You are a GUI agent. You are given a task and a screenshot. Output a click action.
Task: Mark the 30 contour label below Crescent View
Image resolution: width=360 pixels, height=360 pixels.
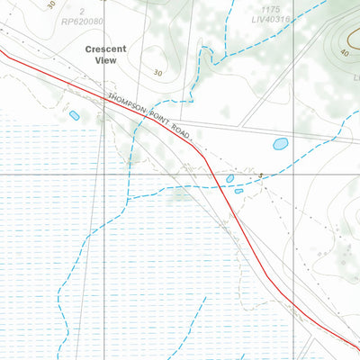(x=158, y=73)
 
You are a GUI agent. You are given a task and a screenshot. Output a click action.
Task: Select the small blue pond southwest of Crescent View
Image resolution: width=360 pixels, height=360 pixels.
(x=74, y=115)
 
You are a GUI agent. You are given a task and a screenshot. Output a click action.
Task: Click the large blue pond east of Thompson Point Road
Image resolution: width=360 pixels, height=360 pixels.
(x=280, y=143)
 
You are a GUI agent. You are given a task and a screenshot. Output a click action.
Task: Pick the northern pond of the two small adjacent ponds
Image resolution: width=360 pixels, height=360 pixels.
(x=229, y=179)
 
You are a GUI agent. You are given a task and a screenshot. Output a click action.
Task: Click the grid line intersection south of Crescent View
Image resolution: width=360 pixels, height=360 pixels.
(x=103, y=172)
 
